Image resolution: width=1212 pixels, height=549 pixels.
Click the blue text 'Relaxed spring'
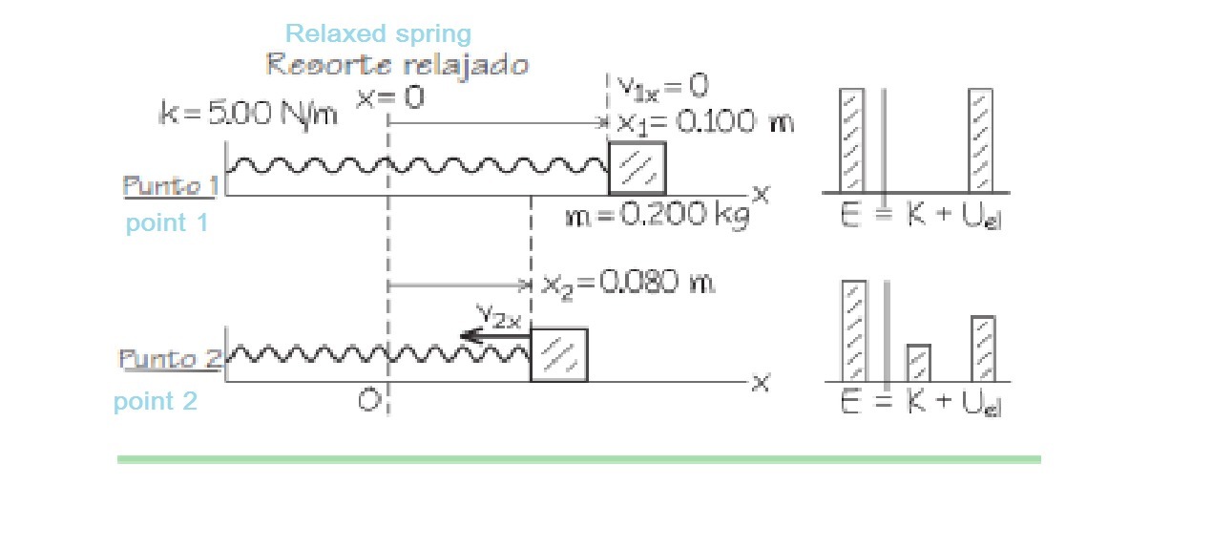[x=378, y=34]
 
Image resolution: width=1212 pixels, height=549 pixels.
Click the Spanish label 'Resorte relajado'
[x=396, y=65]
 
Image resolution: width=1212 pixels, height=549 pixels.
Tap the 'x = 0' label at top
[x=390, y=97]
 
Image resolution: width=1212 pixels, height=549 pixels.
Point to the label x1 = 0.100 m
[x=704, y=122]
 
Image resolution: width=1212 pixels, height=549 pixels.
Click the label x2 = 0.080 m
[x=628, y=283]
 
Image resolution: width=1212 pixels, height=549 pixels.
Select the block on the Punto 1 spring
[x=637, y=168]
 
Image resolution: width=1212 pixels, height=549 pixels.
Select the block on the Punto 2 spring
[x=559, y=355]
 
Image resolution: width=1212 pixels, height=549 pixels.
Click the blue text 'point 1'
[x=167, y=223]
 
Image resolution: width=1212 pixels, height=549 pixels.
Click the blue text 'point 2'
[x=156, y=401]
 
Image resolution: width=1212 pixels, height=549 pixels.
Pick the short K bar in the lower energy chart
[x=918, y=363]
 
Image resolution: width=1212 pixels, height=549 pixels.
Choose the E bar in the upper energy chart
[x=852, y=140]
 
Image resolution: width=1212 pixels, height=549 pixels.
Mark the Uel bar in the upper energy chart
[x=980, y=140]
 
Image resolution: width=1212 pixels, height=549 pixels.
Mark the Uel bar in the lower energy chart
[x=983, y=348]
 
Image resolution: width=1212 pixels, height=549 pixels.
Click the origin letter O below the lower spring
[x=369, y=401]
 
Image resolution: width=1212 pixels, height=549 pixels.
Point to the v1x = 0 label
[x=661, y=87]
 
